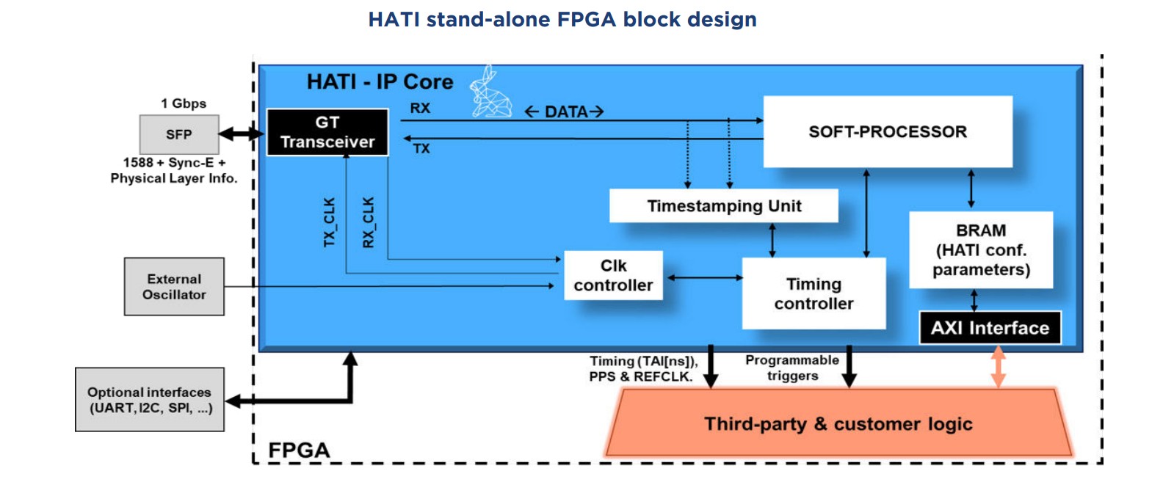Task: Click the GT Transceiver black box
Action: coord(327,132)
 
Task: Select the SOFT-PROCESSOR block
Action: coord(888,132)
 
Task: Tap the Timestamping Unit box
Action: coord(724,206)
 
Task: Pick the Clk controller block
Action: coord(613,276)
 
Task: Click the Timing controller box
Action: coord(814,293)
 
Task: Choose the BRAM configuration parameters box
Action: coord(981,250)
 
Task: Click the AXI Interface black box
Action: coord(990,328)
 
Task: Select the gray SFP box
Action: coord(179,134)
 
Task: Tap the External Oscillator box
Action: coord(174,287)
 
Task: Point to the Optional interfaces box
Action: coord(150,400)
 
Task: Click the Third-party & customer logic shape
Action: coord(838,424)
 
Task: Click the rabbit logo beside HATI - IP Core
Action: coord(490,92)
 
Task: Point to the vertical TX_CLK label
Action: coord(330,222)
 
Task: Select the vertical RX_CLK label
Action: coord(369,222)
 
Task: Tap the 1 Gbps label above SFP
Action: coord(184,103)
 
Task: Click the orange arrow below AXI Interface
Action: coord(998,366)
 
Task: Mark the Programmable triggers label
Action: coord(792,368)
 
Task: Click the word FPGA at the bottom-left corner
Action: coord(299,450)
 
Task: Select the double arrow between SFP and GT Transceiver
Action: coord(241,134)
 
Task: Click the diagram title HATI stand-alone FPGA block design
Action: coord(562,20)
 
